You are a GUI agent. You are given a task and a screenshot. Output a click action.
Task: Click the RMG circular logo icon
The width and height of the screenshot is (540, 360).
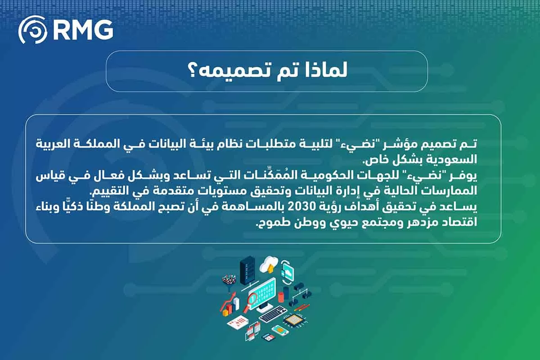tap(33, 30)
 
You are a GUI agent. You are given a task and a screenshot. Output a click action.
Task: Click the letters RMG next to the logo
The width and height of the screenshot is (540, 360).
tap(82, 30)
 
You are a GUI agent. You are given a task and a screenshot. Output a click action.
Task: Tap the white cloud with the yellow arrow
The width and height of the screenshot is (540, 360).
tap(269, 264)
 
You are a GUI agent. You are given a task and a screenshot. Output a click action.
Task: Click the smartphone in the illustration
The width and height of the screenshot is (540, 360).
tap(280, 330)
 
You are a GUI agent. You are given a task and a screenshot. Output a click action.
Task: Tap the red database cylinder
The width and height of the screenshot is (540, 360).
tap(281, 297)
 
